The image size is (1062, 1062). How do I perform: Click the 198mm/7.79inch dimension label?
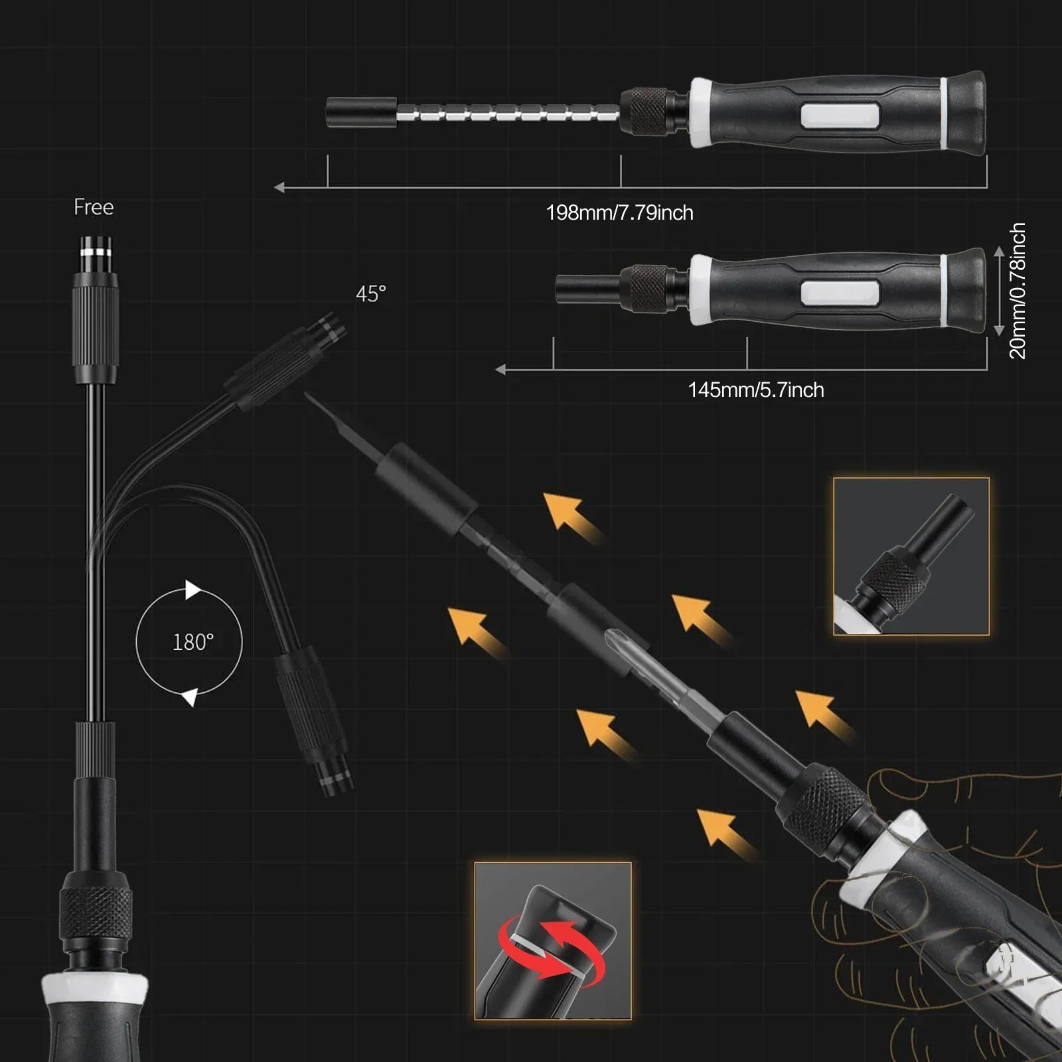pyautogui.click(x=619, y=213)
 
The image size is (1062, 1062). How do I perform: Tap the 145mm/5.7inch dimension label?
pyautogui.click(x=756, y=390)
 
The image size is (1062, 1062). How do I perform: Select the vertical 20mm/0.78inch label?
pyautogui.click(x=1017, y=291)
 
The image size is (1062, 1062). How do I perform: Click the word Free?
pyautogui.click(x=94, y=207)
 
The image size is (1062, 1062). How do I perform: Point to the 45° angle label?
pyautogui.click(x=370, y=293)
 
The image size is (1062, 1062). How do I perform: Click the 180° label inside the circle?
pyautogui.click(x=193, y=642)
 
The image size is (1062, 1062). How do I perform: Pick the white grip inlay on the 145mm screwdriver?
pyautogui.click(x=840, y=292)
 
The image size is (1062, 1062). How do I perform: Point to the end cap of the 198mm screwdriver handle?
pyautogui.click(x=966, y=109)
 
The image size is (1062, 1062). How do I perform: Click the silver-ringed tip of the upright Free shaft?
pyautogui.click(x=96, y=251)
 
